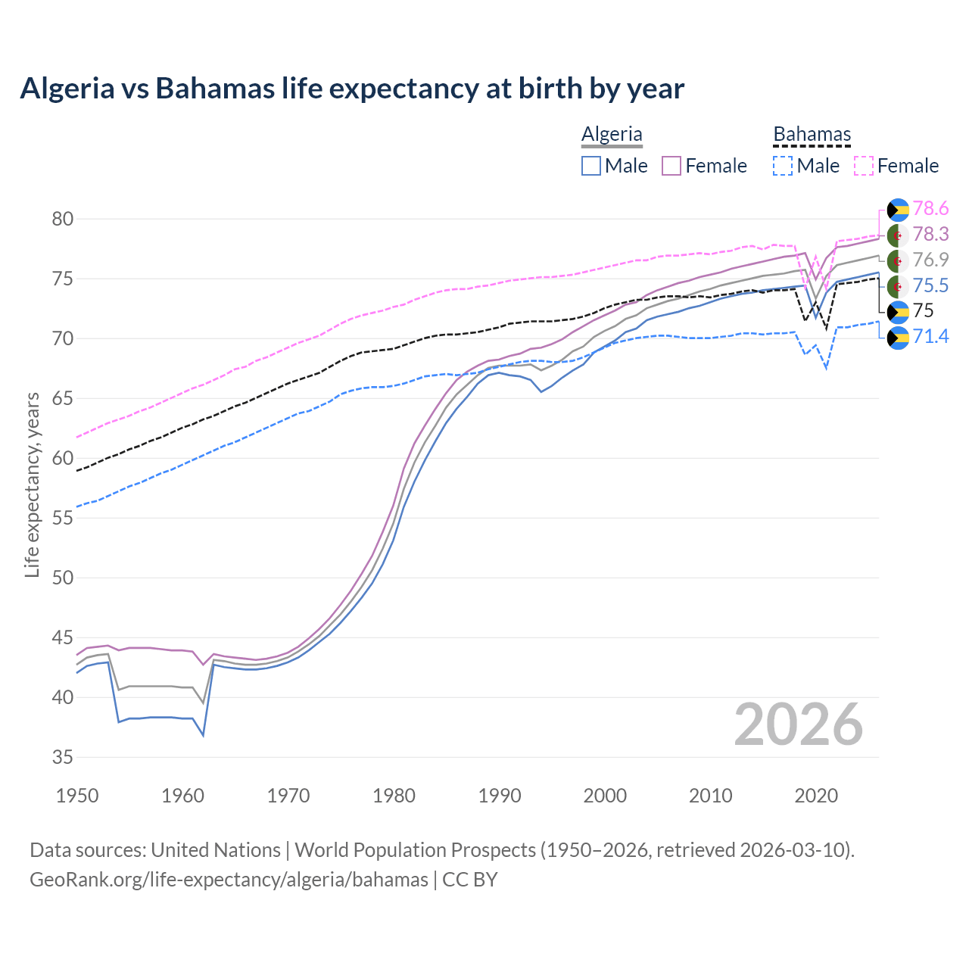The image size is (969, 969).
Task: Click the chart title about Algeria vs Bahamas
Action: [x=352, y=89]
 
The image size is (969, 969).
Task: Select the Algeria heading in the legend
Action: [x=612, y=134]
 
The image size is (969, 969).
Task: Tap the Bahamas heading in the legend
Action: [x=812, y=134]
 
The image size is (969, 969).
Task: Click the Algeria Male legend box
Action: [x=591, y=166]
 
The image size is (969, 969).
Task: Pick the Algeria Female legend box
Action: [x=671, y=166]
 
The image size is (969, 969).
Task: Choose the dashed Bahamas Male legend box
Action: [x=783, y=166]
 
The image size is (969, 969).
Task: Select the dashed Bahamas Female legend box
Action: [x=864, y=166]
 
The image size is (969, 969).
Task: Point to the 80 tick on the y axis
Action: [x=63, y=220]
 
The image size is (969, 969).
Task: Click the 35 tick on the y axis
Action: [x=63, y=758]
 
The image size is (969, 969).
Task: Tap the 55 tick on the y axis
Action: [x=63, y=519]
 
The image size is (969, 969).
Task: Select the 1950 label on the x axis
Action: [x=77, y=796]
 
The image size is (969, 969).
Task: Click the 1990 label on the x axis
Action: [x=500, y=796]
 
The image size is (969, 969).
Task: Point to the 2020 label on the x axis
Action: [x=816, y=796]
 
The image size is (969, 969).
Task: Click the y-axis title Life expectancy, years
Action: [x=32, y=484]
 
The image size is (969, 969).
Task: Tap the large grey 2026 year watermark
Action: [x=798, y=725]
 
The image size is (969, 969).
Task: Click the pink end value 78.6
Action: [x=930, y=209]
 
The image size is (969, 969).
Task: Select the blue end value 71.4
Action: [x=930, y=336]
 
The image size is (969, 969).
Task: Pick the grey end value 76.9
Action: [x=930, y=260]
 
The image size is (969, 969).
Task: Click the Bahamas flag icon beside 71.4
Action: [x=898, y=337]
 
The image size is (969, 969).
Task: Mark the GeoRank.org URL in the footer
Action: [x=229, y=880]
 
